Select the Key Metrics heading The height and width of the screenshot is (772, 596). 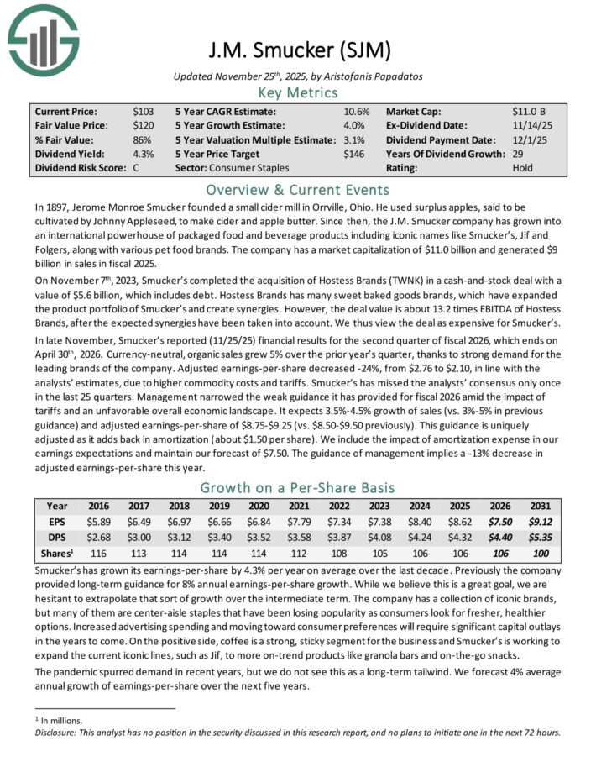pyautogui.click(x=297, y=92)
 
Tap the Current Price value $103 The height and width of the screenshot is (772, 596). pyautogui.click(x=144, y=110)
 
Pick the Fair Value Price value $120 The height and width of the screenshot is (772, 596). pyautogui.click(x=144, y=125)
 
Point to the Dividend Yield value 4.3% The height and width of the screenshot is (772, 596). pyautogui.click(x=143, y=154)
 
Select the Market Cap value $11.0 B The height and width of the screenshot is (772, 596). pyautogui.click(x=531, y=110)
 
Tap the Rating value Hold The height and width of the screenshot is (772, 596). pyautogui.click(x=523, y=168)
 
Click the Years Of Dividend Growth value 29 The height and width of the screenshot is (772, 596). pyautogui.click(x=518, y=154)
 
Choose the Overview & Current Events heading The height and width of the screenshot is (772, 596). pyautogui.click(x=297, y=189)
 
